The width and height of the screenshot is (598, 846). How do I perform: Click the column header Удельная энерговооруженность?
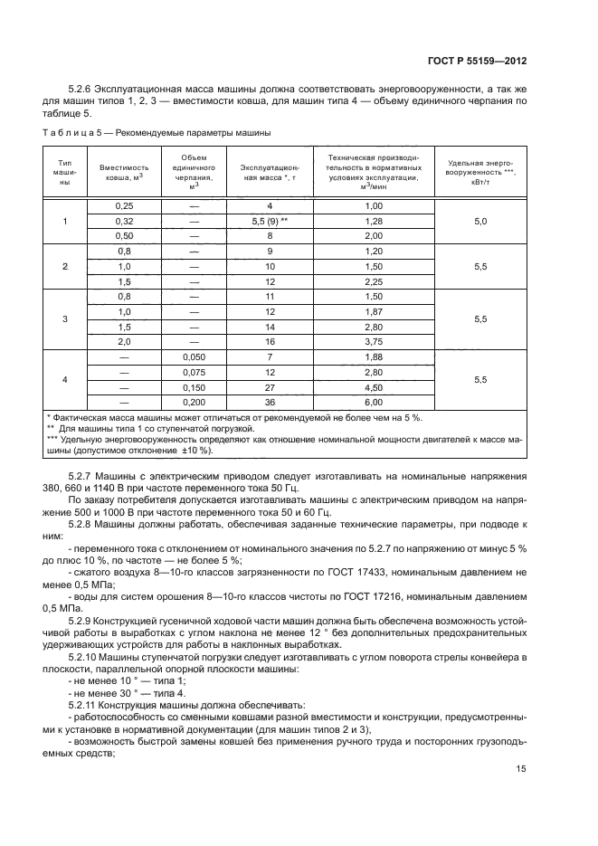pyautogui.click(x=480, y=169)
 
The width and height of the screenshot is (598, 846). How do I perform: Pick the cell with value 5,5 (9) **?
pyautogui.click(x=270, y=221)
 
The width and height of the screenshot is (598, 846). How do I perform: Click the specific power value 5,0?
pyautogui.click(x=480, y=221)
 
